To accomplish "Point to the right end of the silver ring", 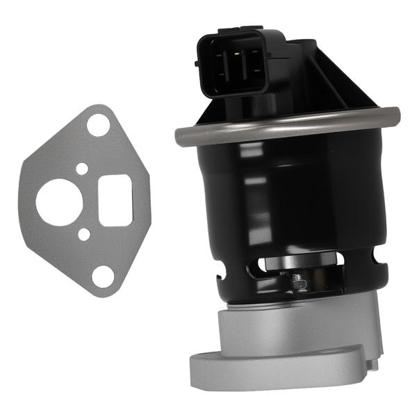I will [393, 112].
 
